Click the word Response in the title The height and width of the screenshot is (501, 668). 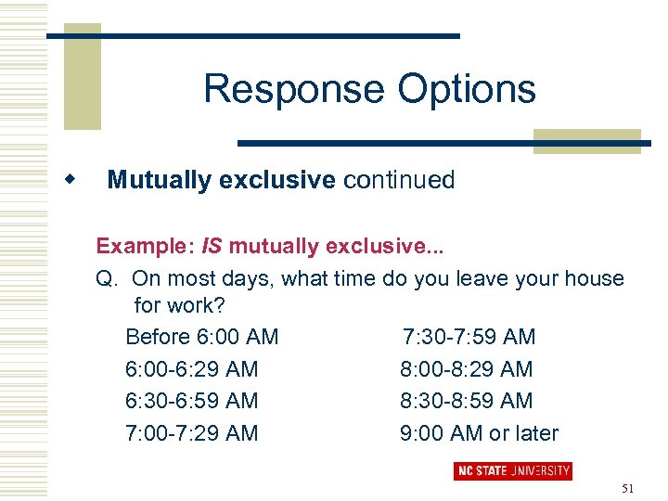point(294,90)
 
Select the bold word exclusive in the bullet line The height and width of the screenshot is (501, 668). point(277,180)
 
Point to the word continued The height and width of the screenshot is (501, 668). point(399,180)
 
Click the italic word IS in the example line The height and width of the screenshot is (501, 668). point(212,246)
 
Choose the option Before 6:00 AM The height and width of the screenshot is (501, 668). point(201,337)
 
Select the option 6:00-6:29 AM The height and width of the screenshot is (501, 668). point(191,369)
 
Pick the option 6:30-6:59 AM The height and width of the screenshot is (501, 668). point(191,401)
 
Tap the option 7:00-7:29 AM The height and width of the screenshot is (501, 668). point(191,433)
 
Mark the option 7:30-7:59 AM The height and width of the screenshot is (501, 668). point(469,337)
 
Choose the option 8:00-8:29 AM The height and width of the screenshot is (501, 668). point(467,369)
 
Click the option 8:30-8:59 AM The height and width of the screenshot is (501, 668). point(467,401)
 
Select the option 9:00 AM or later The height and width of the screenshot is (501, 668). point(480,433)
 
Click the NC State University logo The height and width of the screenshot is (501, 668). point(512,470)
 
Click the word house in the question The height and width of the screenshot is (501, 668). point(593,278)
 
